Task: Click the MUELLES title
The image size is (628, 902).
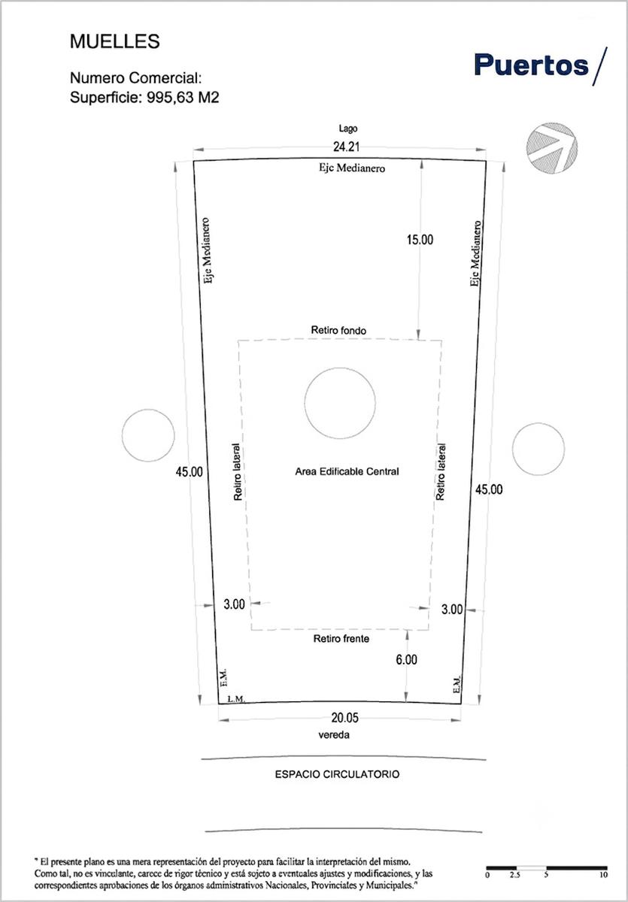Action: (x=115, y=41)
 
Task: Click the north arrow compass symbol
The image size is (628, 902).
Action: (x=551, y=148)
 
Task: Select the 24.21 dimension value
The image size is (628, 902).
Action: (x=346, y=147)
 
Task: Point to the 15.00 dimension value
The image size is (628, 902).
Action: (x=420, y=240)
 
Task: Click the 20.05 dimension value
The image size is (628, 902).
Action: (x=344, y=718)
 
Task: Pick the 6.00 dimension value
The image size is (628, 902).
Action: (x=406, y=660)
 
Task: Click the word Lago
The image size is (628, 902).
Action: (x=348, y=129)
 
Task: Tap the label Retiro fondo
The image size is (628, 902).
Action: (x=338, y=331)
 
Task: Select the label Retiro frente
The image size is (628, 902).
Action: (x=341, y=639)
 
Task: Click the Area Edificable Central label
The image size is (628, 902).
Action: (x=347, y=471)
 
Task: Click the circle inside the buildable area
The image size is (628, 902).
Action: (x=340, y=368)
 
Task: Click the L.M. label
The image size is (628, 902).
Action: (x=236, y=699)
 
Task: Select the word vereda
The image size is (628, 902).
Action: (x=334, y=735)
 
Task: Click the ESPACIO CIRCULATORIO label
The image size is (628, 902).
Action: (x=337, y=774)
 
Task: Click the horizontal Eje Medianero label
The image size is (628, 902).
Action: (x=352, y=168)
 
